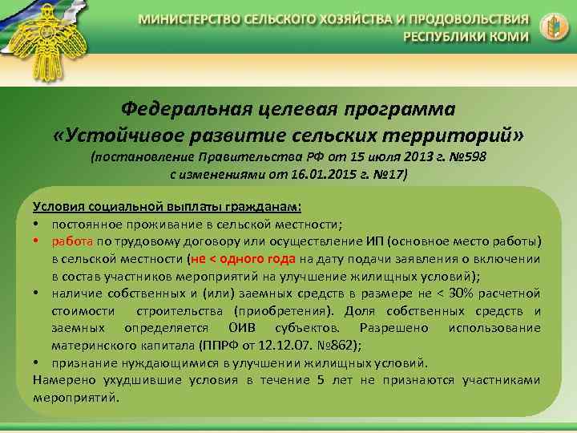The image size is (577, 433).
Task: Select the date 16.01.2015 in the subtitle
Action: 298,174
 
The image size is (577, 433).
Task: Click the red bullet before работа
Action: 38,241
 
